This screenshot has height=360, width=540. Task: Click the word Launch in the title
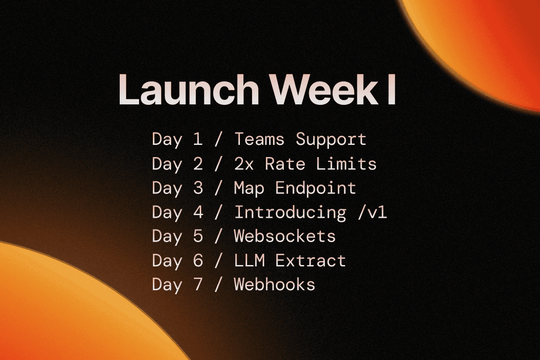pyautogui.click(x=185, y=90)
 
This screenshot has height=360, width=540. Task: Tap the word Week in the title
pyautogui.click(x=315, y=90)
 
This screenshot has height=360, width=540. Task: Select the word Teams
pyautogui.click(x=259, y=139)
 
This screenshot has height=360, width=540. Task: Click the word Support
pyautogui.click(x=331, y=140)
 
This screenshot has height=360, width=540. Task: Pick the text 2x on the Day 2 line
pyautogui.click(x=244, y=164)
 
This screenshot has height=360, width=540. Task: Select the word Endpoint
pyautogui.click(x=315, y=188)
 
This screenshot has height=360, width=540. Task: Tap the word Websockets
pyautogui.click(x=285, y=236)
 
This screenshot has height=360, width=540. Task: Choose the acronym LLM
pyautogui.click(x=249, y=261)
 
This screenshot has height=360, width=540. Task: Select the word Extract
pyautogui.click(x=310, y=261)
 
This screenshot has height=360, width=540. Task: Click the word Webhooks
pyautogui.click(x=274, y=285)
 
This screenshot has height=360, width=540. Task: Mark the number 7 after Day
pyautogui.click(x=198, y=285)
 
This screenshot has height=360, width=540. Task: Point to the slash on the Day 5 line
pyautogui.click(x=218, y=236)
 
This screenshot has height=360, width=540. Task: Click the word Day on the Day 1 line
pyautogui.click(x=167, y=140)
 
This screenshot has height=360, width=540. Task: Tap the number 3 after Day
pyautogui.click(x=198, y=188)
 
